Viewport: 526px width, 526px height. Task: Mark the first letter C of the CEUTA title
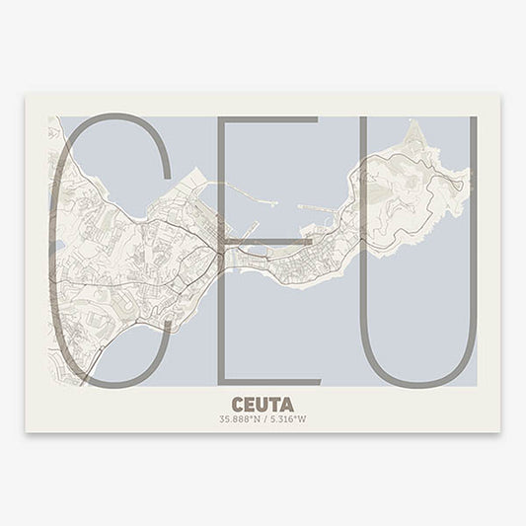click(x=237, y=404)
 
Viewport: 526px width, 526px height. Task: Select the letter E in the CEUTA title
click(x=249, y=404)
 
